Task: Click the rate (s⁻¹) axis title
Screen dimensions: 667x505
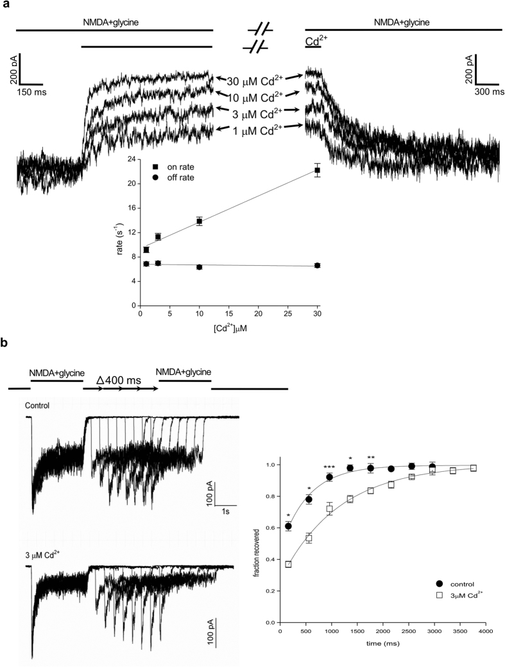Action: point(120,232)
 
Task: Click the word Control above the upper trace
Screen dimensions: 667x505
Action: point(38,405)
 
